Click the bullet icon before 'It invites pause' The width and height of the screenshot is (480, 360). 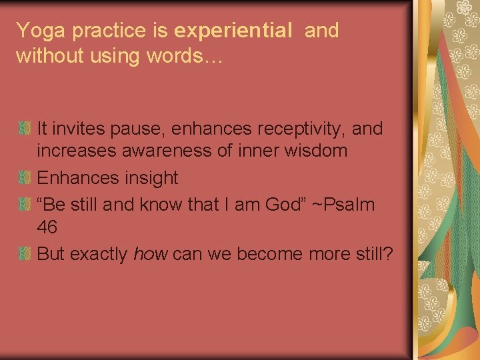point(25,127)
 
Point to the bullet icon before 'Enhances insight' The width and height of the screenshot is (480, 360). point(25,178)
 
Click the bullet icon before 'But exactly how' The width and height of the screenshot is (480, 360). point(25,253)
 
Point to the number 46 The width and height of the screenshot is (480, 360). point(47,228)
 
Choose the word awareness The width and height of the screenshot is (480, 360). point(169,151)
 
